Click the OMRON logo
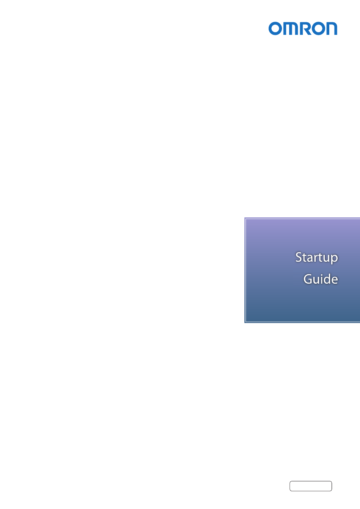click(303, 28)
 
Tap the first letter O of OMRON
click(275, 28)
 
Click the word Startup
click(316, 258)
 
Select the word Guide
click(321, 279)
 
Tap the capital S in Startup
click(299, 257)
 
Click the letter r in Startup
click(318, 258)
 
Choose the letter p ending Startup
click(335, 259)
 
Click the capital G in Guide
click(308, 279)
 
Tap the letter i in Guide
click(323, 279)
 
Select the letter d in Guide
click(329, 279)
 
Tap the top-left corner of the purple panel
click(245, 218)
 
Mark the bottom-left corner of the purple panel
click(245, 323)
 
